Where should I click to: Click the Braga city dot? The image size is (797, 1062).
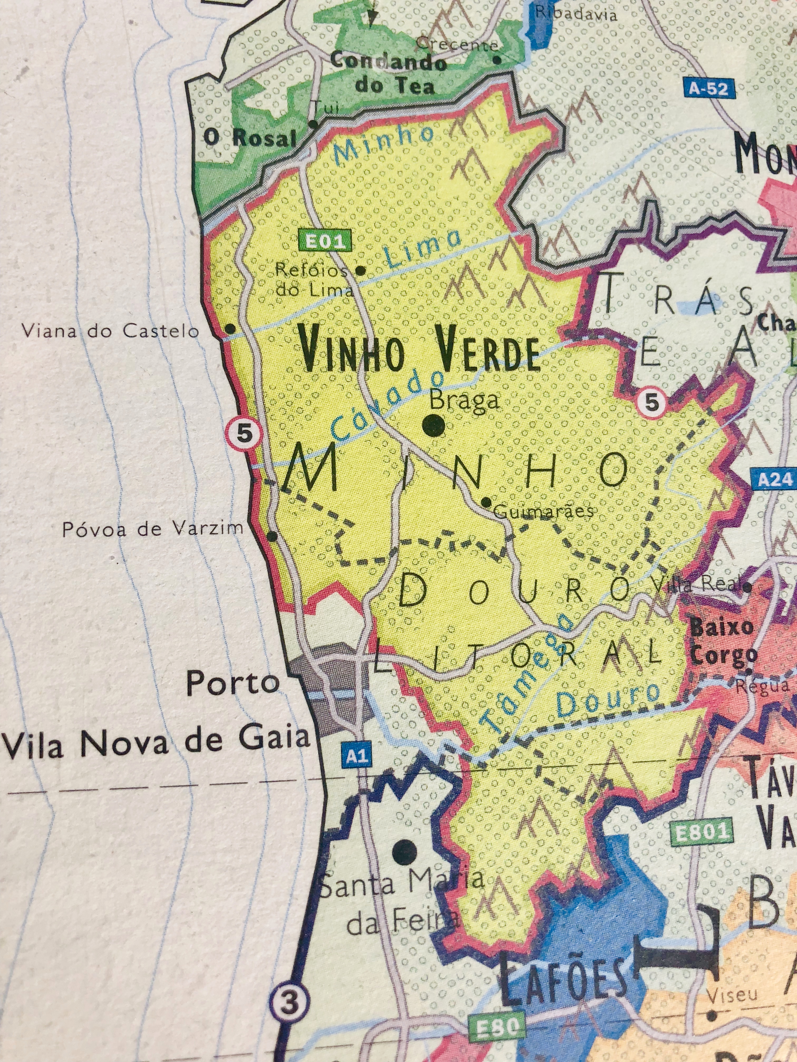pyautogui.click(x=433, y=425)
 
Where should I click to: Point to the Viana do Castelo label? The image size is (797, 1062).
pyautogui.click(x=110, y=331)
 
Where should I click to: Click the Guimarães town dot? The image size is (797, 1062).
pyautogui.click(x=486, y=502)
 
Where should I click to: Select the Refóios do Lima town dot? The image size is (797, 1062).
pyautogui.click(x=360, y=270)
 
